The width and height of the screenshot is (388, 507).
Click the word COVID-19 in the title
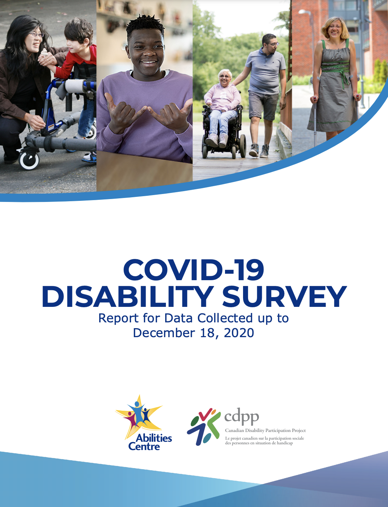194,270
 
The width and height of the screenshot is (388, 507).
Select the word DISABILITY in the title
128,296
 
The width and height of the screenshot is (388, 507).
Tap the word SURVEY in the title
284,296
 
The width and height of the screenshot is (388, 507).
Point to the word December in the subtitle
164,333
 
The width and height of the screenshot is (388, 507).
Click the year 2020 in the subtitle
239,333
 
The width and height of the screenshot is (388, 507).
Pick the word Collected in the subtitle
225,318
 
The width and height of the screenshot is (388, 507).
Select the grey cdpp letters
242,417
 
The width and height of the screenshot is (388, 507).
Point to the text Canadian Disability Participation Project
265,431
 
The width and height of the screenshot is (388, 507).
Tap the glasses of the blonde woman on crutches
335,27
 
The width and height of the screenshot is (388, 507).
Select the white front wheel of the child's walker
29,160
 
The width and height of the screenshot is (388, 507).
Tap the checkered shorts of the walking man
264,105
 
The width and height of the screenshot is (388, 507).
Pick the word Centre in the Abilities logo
144,446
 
